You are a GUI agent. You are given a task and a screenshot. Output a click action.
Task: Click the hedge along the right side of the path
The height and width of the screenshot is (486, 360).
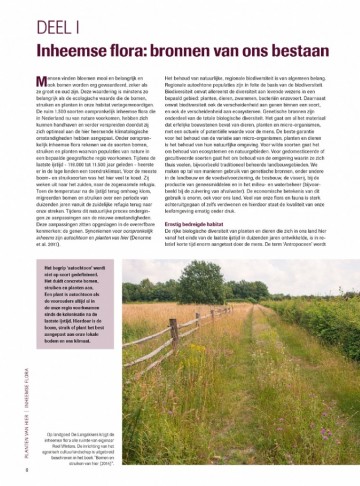pyautogui.click(x=330, y=330)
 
